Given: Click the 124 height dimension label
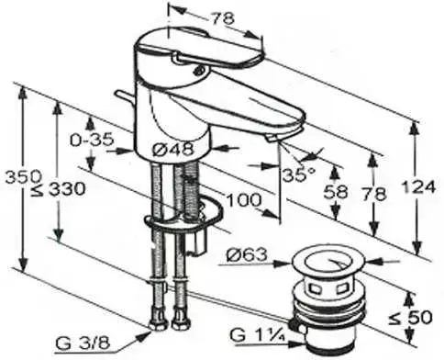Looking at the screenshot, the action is point(418,187).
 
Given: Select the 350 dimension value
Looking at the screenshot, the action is point(23,176).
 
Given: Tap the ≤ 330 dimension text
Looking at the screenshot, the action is point(58,190).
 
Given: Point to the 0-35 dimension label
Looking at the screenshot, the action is point(92,141).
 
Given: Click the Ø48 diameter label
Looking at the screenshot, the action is point(172,150).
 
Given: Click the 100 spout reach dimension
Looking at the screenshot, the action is point(244,200).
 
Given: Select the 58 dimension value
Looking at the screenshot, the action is point(336,193).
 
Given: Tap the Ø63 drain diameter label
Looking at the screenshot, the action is point(247,254).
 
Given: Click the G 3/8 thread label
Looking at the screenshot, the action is point(83,343).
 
